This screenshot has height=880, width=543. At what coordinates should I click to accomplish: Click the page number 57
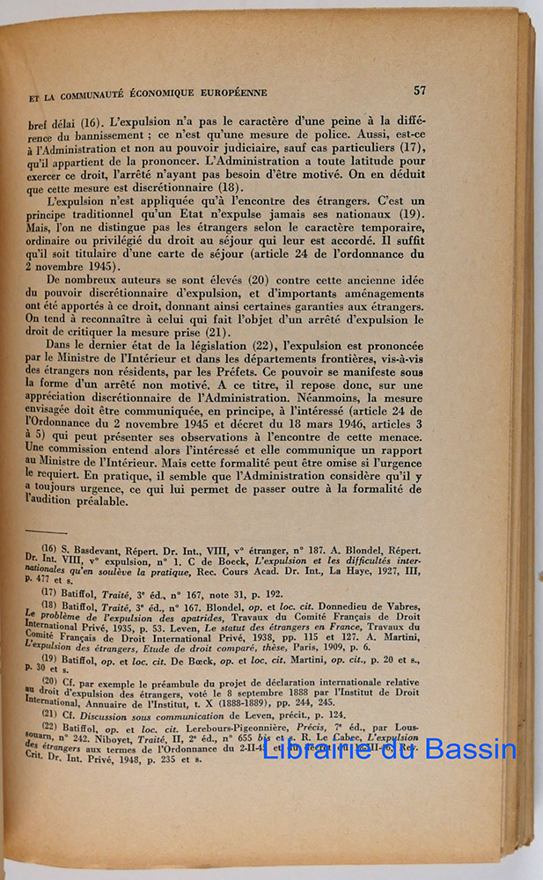click(420, 90)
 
